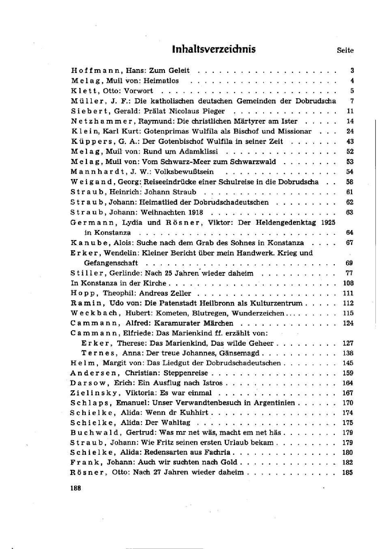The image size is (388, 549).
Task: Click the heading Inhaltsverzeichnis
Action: click(214, 49)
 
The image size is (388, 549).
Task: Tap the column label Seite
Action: click(345, 50)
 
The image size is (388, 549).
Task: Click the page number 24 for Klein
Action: click(350, 131)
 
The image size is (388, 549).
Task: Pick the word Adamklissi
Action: click(199, 151)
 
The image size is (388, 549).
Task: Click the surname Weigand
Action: click(89, 182)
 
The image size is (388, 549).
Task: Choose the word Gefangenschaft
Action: click(111, 263)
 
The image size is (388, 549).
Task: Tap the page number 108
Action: click(348, 283)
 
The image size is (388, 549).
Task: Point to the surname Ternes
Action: click(97, 353)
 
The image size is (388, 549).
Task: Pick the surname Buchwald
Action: click(94, 433)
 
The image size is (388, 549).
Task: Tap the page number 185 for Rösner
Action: click(348, 472)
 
